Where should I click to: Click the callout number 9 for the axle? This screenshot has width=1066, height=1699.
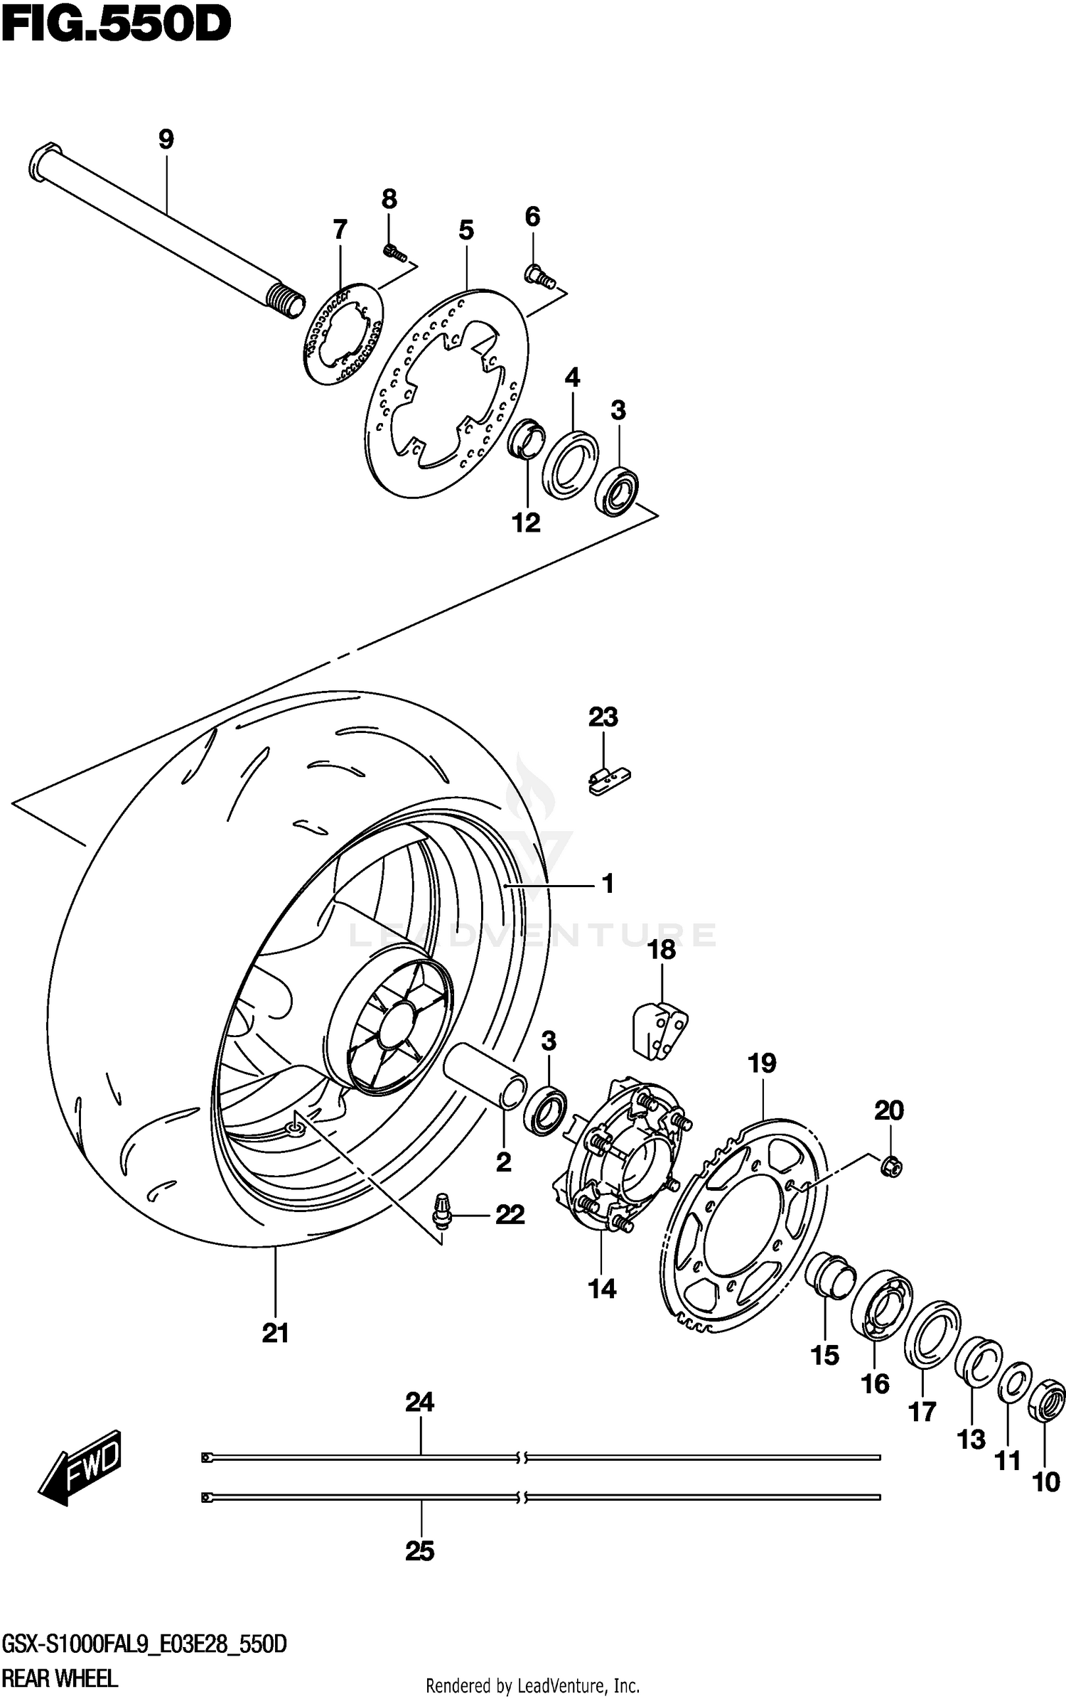[166, 139]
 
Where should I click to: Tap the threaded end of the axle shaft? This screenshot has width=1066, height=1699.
[287, 302]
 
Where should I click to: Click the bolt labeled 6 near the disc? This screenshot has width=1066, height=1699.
[539, 277]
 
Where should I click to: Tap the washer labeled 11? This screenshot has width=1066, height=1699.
[1015, 1381]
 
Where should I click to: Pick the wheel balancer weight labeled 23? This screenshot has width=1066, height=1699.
[609, 779]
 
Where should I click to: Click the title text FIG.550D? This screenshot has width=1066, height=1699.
[115, 26]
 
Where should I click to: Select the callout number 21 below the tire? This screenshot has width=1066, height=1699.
[275, 1333]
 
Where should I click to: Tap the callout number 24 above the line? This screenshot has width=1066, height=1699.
[419, 1402]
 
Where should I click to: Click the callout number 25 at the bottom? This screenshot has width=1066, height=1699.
[419, 1550]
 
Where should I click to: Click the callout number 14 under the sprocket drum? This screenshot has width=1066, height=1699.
[602, 1288]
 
